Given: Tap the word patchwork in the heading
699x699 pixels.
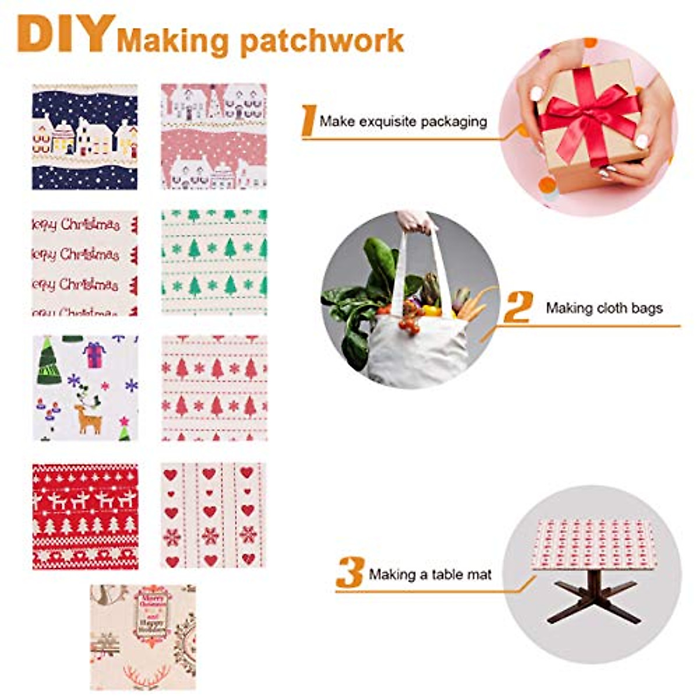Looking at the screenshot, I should (322, 41).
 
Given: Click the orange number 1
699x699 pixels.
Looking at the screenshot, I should (309, 121).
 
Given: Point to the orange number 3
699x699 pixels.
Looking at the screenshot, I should (349, 573).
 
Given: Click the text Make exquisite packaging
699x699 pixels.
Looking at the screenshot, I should (403, 122).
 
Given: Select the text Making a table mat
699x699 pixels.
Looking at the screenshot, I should (430, 574).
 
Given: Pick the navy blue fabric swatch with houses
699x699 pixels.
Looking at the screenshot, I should (85, 136).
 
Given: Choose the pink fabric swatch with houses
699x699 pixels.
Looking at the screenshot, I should (214, 136).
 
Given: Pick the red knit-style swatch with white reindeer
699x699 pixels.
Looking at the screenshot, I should (85, 516).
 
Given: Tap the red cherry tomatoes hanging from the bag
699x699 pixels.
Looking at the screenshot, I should (410, 324).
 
